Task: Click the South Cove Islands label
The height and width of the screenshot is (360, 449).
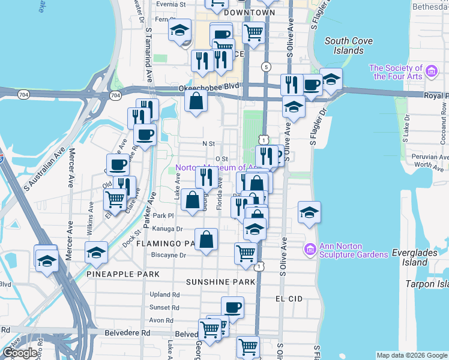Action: click(348, 46)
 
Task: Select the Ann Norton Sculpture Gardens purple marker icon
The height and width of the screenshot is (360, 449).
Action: click(310, 248)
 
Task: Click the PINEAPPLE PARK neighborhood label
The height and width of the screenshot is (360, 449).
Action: click(122, 274)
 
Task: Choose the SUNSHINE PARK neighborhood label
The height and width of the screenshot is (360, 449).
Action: click(220, 281)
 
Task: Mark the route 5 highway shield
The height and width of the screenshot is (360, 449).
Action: click(267, 66)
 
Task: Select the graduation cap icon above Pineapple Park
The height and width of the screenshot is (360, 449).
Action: click(96, 253)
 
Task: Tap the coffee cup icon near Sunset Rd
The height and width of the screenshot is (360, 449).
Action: click(232, 308)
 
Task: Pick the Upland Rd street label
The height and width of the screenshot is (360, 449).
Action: click(165, 295)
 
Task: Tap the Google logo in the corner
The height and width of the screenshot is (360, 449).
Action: click(20, 353)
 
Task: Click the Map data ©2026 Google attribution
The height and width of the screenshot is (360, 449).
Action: click(411, 355)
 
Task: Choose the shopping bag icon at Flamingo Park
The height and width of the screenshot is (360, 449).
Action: click(206, 240)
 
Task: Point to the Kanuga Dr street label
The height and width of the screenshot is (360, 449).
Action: click(168, 229)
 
